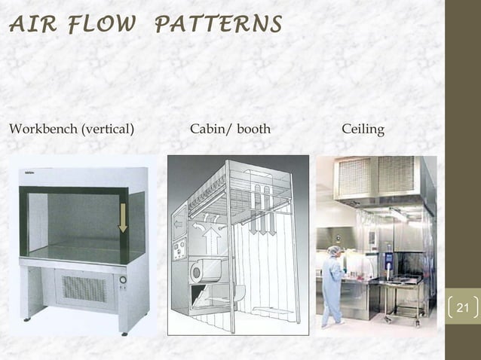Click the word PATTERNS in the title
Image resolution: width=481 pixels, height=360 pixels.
[x=218, y=25]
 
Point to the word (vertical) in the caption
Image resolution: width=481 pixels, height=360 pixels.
[x=108, y=130]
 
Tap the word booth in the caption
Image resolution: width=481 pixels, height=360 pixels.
[x=254, y=130]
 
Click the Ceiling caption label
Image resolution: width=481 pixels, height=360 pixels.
[x=363, y=130]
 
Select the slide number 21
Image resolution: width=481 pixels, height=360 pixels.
[x=463, y=308]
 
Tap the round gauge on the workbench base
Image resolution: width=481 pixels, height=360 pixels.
[x=123, y=278]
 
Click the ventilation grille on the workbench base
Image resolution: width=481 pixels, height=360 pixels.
[x=84, y=288]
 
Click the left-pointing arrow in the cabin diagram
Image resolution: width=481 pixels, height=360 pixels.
[x=179, y=225]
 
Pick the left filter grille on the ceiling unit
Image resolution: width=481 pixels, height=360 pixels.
[x=355, y=177]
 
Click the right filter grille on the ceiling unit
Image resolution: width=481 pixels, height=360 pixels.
[x=397, y=175]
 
